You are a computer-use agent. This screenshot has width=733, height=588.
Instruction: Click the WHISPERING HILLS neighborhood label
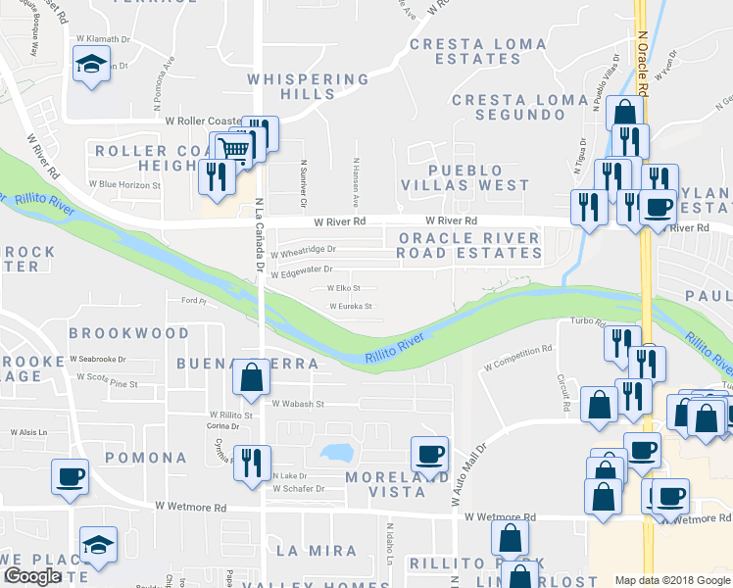[308, 86]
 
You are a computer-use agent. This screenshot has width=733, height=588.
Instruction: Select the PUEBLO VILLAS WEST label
[464, 177]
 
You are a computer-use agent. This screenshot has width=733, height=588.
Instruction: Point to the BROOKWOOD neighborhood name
[129, 333]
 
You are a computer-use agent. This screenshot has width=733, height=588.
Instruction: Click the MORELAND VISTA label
[384, 484]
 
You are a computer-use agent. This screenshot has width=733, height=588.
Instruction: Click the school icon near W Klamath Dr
[91, 65]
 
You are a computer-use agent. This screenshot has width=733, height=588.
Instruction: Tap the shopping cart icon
[233, 149]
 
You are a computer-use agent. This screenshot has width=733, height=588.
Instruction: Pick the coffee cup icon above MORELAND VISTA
[429, 454]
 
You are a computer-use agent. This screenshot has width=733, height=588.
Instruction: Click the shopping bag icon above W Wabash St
[252, 375]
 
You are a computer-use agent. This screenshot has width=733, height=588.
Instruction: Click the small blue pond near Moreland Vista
[337, 454]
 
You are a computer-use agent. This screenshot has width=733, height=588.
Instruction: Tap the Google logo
[33, 576]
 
